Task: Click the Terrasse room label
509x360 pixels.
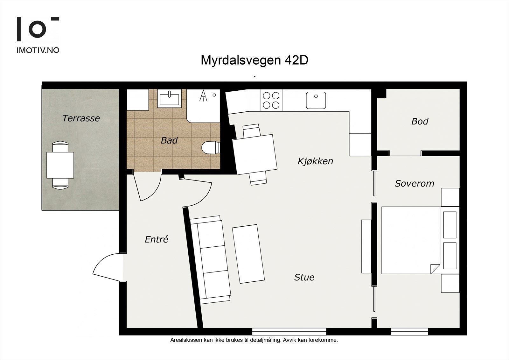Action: click(x=81, y=118)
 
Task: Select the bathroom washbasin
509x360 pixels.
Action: click(x=169, y=99)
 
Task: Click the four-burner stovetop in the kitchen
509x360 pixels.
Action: click(x=271, y=100)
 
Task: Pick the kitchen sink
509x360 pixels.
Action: click(x=316, y=100)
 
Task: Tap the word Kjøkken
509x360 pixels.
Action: click(x=315, y=161)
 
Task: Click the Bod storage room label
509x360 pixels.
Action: click(x=420, y=121)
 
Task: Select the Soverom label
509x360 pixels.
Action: click(x=414, y=183)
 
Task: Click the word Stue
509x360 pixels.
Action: click(x=304, y=277)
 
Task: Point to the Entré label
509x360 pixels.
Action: click(x=156, y=239)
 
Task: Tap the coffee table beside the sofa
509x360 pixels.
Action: click(x=248, y=254)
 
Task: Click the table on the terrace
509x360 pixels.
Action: click(x=60, y=165)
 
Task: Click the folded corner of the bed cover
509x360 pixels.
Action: click(x=435, y=268)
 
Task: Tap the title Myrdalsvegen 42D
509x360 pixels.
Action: click(x=254, y=60)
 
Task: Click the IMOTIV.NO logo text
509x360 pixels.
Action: click(x=38, y=50)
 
